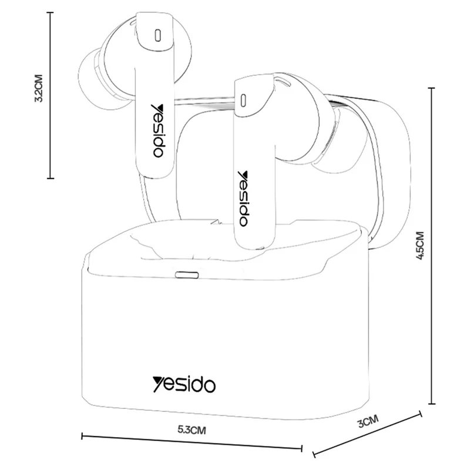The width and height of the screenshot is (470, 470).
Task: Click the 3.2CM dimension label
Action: click(x=39, y=88)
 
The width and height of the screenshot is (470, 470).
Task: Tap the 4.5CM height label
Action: click(x=421, y=246)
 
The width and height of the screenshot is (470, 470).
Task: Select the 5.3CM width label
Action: click(x=192, y=430)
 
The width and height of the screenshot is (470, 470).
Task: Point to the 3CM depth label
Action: click(x=368, y=421)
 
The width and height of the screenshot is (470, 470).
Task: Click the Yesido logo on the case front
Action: click(x=184, y=384)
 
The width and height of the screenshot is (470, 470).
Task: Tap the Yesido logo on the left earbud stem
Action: click(x=157, y=130)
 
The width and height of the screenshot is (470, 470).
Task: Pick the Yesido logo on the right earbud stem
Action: click(x=243, y=199)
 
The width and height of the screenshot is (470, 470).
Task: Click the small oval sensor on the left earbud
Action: click(x=157, y=35)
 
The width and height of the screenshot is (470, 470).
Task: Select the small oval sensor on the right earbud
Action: click(x=243, y=100)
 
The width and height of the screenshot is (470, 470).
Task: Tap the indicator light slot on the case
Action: click(x=187, y=274)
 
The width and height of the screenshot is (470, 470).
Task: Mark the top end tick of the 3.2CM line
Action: click(x=50, y=12)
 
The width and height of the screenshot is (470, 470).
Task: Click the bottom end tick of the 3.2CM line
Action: click(x=50, y=179)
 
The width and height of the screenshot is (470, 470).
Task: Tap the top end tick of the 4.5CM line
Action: click(x=431, y=88)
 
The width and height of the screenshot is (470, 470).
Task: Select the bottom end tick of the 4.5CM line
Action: click(x=431, y=404)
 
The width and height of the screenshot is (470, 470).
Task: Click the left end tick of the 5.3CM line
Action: click(x=82, y=436)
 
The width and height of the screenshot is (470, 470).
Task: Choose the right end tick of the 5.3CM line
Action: click(x=301, y=448)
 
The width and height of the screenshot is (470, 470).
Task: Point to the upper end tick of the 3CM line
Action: click(x=421, y=414)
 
